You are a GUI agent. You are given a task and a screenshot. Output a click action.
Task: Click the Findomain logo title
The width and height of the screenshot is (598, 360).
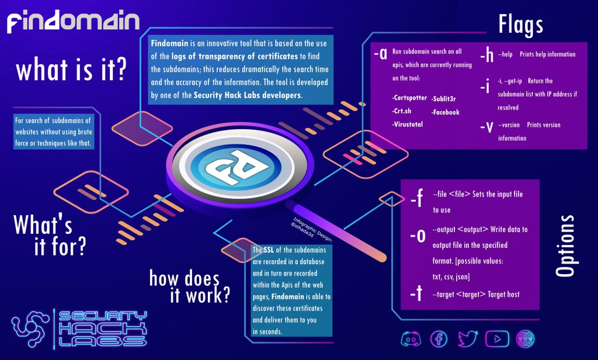(73, 22)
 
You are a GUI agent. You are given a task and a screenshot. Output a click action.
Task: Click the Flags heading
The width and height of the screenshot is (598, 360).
(521, 25)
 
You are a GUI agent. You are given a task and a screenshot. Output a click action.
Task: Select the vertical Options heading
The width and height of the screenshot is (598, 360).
(565, 245)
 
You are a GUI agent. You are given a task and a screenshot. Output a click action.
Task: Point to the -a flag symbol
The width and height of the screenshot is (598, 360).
(380, 54)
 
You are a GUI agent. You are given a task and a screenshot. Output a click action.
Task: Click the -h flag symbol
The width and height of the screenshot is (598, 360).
(487, 55)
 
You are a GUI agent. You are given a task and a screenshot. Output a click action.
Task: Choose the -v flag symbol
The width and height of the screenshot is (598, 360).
(486, 128)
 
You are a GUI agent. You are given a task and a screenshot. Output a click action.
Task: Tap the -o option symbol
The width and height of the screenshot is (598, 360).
(416, 236)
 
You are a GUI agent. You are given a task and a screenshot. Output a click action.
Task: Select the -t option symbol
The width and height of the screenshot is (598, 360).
(416, 294)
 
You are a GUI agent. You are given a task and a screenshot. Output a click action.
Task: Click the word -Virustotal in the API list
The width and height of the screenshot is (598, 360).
(408, 124)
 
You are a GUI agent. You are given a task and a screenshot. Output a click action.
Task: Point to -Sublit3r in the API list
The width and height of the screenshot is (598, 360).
(445, 98)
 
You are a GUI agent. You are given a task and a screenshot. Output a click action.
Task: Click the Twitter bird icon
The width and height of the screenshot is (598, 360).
(468, 338)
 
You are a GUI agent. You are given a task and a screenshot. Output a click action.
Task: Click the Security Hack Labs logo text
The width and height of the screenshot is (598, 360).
(99, 329)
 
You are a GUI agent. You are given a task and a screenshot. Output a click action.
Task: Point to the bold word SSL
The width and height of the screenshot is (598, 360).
(269, 250)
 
